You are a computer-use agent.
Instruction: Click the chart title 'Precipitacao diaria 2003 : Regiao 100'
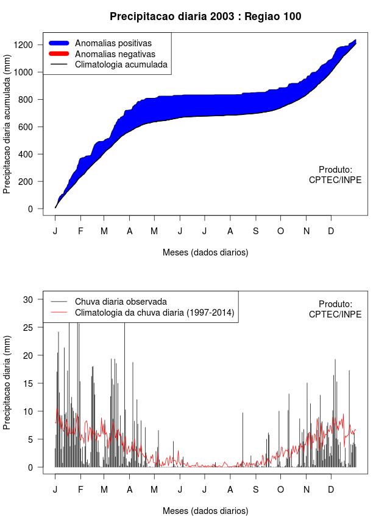pos(205,16)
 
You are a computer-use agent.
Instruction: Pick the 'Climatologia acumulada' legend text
pos(121,64)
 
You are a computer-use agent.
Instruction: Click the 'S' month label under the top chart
pos(256,231)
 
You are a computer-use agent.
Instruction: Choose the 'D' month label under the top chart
pos(331,231)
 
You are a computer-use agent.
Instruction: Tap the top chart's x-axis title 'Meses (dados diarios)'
pos(205,252)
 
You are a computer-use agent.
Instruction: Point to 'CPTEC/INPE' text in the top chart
pos(335,180)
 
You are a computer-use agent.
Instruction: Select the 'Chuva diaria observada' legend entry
pos(121,302)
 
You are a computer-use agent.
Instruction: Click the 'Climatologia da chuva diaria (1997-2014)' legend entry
pos(154,313)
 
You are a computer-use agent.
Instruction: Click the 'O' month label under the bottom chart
pos(280,490)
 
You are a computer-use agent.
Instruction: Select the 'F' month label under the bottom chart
pos(80,490)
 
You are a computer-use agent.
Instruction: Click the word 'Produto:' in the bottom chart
pos(336,304)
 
